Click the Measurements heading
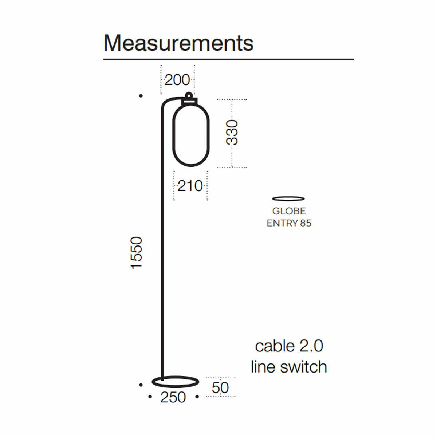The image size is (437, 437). pos(178,43)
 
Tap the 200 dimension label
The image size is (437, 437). pos(177,80)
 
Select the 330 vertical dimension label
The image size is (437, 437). pos(232,133)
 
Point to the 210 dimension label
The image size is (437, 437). pos(190,186)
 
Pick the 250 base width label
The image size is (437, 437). pos(173,397)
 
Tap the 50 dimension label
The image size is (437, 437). pos(220,388)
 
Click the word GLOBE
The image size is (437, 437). pos(289,211)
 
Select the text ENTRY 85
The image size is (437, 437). pos(289,223)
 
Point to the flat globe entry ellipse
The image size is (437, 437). pos(288,198)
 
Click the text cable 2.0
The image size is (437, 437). pos(289,346)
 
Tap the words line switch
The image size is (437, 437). pos(289,367)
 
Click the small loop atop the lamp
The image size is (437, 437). pos(188,95)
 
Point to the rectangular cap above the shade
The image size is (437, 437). pos(189,102)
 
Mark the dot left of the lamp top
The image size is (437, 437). pos(141,96)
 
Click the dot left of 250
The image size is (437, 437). pos(150,397)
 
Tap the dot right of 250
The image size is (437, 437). pos(197,397)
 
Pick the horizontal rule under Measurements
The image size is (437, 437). pos(228,59)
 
